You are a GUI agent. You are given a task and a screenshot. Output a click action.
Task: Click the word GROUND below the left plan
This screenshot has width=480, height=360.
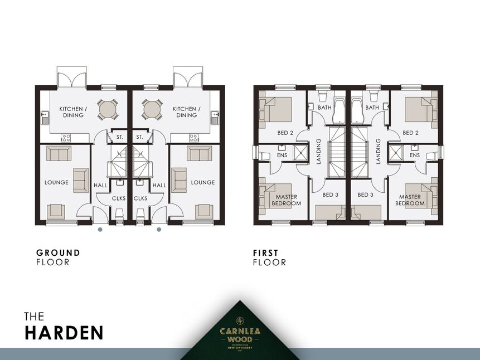[x=58, y=252]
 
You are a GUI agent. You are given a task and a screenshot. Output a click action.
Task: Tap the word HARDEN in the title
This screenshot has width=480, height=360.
[x=64, y=333]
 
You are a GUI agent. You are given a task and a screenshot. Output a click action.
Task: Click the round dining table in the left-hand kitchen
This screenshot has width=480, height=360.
[x=108, y=109]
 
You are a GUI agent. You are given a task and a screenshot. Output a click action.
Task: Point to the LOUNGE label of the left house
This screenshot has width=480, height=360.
[x=56, y=182]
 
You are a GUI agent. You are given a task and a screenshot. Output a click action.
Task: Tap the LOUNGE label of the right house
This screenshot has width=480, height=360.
[x=203, y=182]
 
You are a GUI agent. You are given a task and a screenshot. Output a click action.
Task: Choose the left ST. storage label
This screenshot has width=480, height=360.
[x=119, y=137]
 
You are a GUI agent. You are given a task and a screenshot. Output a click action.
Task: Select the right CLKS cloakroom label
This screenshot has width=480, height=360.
[x=140, y=198]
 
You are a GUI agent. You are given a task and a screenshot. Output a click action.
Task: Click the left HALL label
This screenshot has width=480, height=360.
[x=101, y=185]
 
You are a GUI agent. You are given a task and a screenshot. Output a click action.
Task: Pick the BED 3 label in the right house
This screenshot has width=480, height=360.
[x=365, y=195]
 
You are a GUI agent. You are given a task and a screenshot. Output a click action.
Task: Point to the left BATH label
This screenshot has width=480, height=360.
[x=324, y=108]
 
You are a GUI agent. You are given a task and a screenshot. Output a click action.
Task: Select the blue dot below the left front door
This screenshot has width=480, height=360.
[x=100, y=229]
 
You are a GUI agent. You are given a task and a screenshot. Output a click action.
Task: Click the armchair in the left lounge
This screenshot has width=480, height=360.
[x=56, y=211]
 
